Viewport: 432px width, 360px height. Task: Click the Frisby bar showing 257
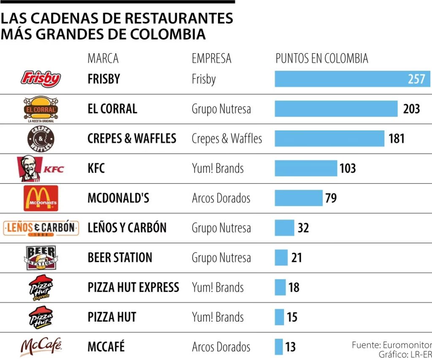point(352,79)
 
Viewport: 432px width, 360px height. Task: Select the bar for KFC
point(306,168)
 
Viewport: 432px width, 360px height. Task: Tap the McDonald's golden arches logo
point(41,198)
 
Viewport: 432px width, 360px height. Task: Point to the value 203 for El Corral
point(411,109)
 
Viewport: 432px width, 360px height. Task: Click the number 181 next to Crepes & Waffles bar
point(397,138)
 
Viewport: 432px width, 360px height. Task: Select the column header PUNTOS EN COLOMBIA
point(322,58)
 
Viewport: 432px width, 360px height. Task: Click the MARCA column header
point(103,58)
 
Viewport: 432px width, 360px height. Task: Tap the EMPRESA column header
point(211,58)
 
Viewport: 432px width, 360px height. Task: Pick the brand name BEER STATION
point(120,257)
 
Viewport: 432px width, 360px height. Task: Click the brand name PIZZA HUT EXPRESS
point(133,287)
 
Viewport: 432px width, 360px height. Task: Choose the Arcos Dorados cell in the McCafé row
point(221,347)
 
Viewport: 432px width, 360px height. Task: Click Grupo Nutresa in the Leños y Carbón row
point(221,228)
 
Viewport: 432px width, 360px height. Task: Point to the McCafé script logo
point(41,346)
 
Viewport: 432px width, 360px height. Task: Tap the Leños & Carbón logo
point(41,228)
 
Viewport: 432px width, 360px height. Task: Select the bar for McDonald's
point(298,198)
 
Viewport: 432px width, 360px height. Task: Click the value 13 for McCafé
point(290,347)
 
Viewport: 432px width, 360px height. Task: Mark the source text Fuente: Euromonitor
point(391,345)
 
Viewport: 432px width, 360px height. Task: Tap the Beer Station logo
point(41,257)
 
